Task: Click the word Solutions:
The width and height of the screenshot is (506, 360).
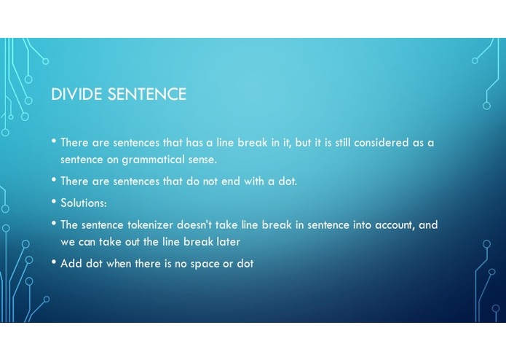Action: pyautogui.click(x=84, y=203)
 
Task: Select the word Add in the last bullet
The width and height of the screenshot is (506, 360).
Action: pyautogui.click(x=71, y=263)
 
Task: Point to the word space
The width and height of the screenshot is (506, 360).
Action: pyautogui.click(x=205, y=263)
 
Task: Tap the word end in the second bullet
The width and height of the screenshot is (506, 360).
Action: pyautogui.click(x=229, y=181)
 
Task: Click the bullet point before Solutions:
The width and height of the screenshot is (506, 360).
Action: pyautogui.click(x=54, y=202)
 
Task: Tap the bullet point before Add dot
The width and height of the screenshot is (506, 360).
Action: pyautogui.click(x=54, y=262)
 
